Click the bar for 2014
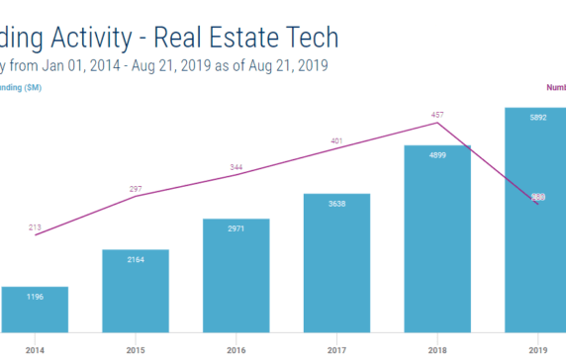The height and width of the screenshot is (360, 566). (x=35, y=310)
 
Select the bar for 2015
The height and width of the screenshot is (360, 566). (x=136, y=291)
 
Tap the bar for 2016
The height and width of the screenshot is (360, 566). (x=236, y=275)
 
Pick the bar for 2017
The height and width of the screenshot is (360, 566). (x=336, y=263)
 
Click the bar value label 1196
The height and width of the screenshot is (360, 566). (x=35, y=298)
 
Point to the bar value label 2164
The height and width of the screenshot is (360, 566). (x=136, y=259)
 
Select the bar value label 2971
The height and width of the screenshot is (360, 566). (x=236, y=228)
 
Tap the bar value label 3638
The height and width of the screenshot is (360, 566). (x=336, y=204)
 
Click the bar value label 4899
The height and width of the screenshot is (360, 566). (x=437, y=155)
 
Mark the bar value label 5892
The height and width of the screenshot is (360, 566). (x=537, y=118)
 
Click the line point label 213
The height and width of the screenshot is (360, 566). (x=35, y=227)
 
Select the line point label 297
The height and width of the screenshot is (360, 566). (x=136, y=188)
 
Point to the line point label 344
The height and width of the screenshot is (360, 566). (x=236, y=167)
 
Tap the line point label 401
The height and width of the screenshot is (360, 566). (x=336, y=141)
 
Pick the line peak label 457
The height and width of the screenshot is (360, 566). (x=437, y=115)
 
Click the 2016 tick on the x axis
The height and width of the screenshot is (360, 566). (x=236, y=350)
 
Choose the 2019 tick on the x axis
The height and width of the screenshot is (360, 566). (x=537, y=350)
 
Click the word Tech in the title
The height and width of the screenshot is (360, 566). (x=305, y=38)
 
